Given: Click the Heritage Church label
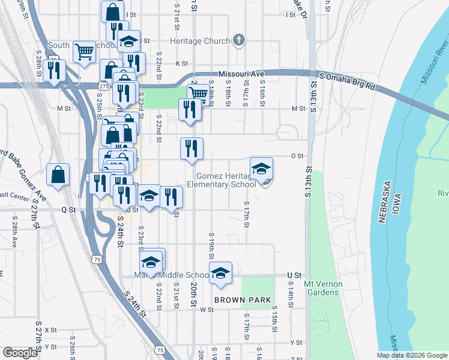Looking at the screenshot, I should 200,41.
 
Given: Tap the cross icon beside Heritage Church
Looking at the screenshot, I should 238,40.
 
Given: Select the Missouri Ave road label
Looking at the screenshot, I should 241,73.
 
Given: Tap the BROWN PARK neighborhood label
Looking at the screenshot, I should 243,299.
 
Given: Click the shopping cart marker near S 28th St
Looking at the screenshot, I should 84,51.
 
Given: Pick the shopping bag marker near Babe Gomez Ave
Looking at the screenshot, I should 58,175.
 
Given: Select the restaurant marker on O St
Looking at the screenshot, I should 191,148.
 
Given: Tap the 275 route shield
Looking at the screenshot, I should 104,88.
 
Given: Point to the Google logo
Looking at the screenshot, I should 20,353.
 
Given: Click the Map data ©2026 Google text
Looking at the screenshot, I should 412,355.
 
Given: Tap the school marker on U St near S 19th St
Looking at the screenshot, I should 221,272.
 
